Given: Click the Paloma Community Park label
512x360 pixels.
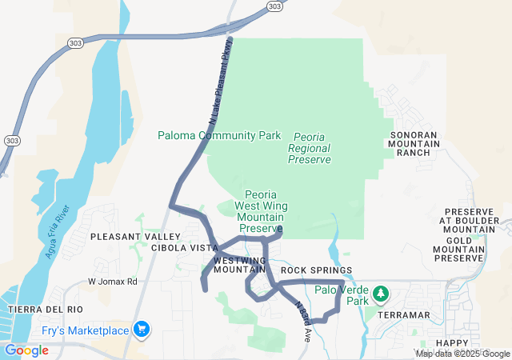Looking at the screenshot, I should click(219, 135).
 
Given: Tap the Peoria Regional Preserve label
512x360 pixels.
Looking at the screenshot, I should click(309, 149).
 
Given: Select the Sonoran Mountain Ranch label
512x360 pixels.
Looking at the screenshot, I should click(414, 144).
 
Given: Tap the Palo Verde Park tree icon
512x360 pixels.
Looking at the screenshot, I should click(382, 294).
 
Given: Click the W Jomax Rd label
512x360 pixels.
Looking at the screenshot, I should click(113, 282).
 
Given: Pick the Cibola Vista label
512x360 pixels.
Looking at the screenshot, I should click(185, 248).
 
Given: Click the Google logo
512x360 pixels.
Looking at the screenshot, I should click(26, 350).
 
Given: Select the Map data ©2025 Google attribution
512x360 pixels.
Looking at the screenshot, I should click(462, 354).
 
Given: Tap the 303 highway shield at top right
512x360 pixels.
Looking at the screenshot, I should click(274, 6).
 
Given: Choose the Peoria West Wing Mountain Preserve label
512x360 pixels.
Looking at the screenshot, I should click(261, 211).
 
